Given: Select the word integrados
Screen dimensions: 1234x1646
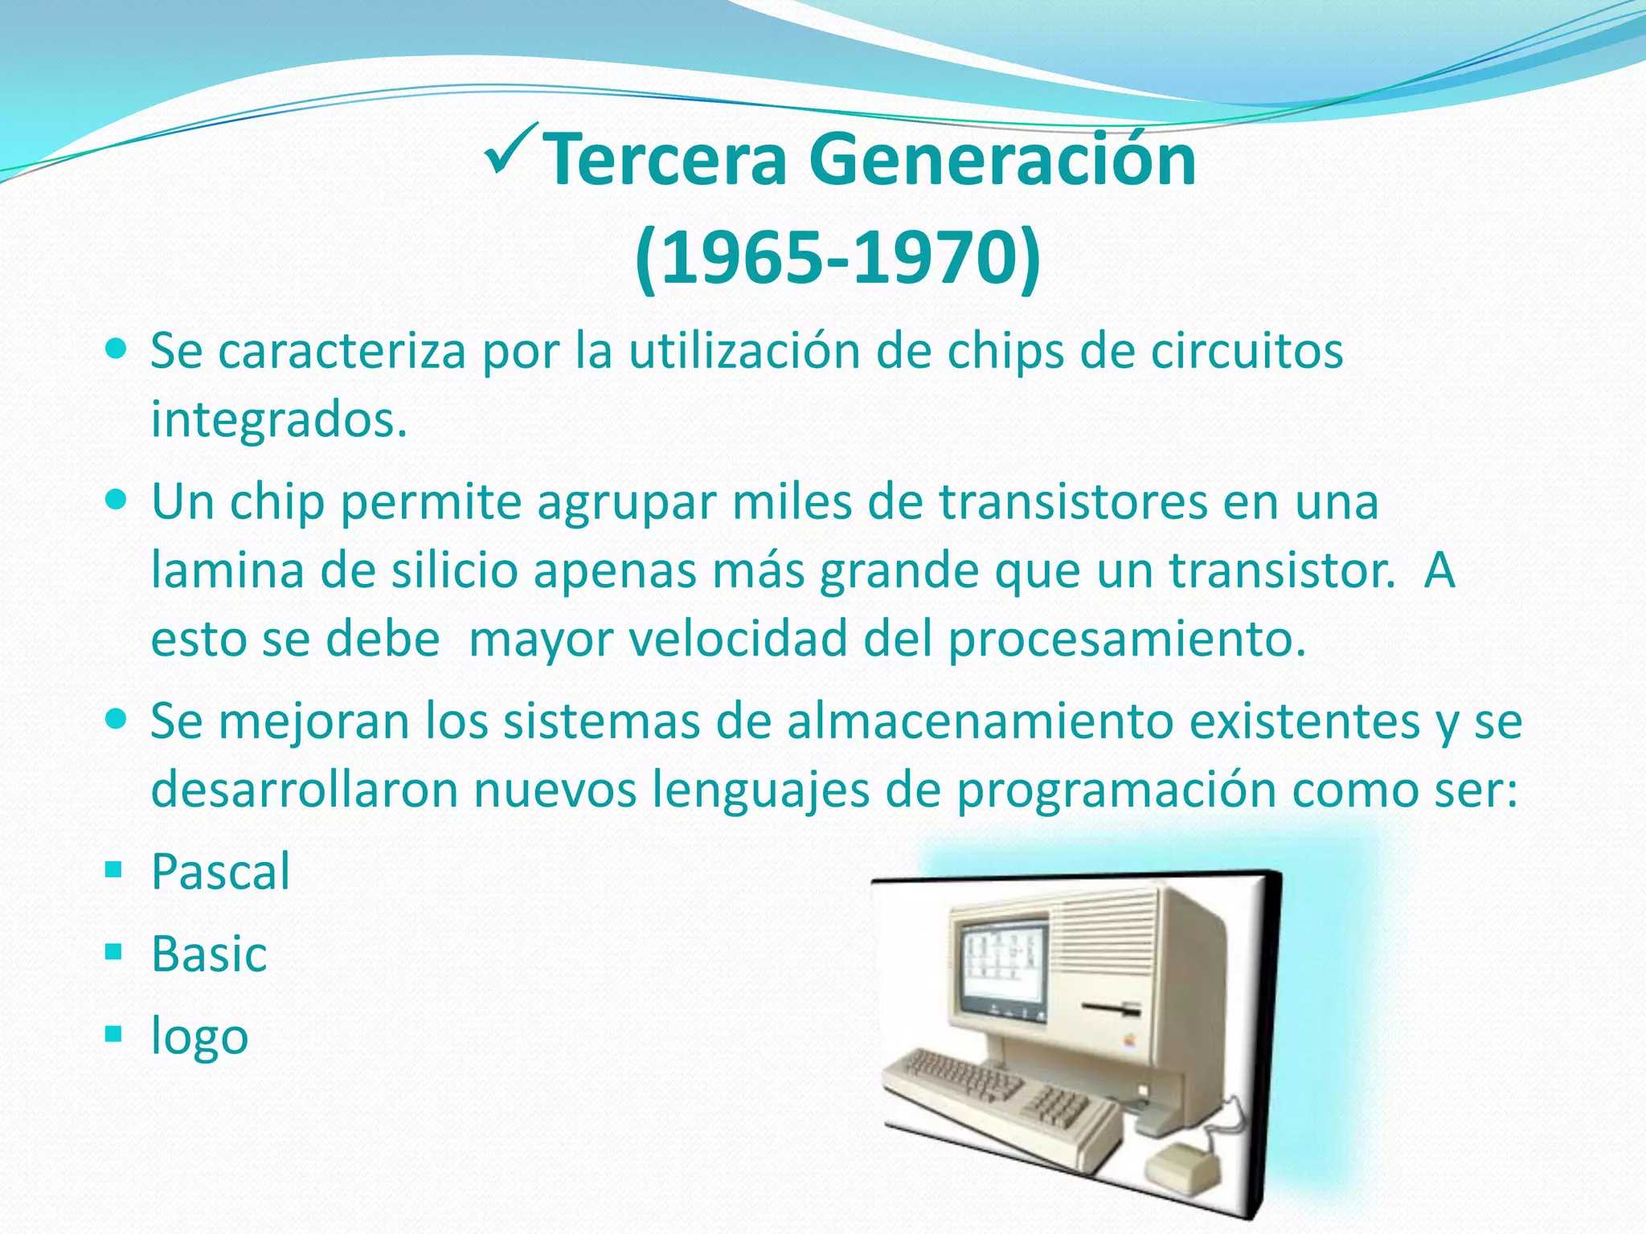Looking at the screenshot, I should [278, 420].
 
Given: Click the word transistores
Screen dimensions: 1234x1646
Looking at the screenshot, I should [1074, 501].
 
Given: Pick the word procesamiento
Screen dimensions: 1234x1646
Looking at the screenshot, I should [1126, 639].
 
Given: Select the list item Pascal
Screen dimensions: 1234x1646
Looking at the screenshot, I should [220, 872].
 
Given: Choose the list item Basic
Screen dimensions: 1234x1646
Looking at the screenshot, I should [209, 954].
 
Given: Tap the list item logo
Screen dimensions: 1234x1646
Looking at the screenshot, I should [199, 1036].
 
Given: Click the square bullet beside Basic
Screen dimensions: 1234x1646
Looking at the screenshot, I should [113, 952].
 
